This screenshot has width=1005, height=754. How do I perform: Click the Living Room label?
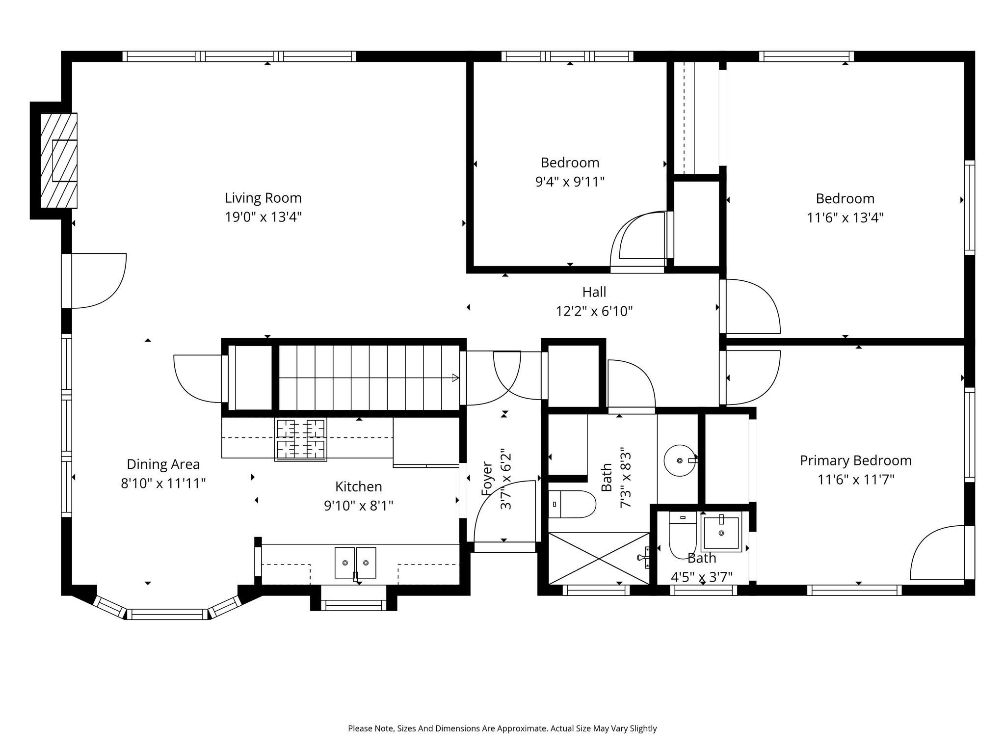click(x=263, y=198)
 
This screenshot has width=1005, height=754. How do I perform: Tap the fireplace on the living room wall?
click(x=58, y=161)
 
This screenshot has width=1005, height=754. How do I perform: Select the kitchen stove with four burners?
click(x=301, y=439)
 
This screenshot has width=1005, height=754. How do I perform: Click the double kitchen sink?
click(x=356, y=563)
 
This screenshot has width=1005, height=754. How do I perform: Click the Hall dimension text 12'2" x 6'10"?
click(x=594, y=311)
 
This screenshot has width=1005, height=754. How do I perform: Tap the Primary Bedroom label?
click(x=856, y=460)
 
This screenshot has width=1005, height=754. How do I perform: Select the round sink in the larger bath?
click(x=680, y=460)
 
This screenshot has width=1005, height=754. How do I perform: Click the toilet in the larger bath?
click(x=572, y=504)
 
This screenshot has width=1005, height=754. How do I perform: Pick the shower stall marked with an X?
click(x=599, y=558)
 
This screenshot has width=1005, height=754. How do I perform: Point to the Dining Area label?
click(x=163, y=464)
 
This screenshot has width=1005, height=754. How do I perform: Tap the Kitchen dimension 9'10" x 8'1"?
click(x=359, y=505)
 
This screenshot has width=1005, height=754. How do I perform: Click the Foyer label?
click(x=486, y=478)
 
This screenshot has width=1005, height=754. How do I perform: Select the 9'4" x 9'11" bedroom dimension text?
click(x=570, y=182)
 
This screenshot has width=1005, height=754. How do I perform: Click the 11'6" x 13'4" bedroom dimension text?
click(x=845, y=217)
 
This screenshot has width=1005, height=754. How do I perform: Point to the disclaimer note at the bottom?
click(x=502, y=728)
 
